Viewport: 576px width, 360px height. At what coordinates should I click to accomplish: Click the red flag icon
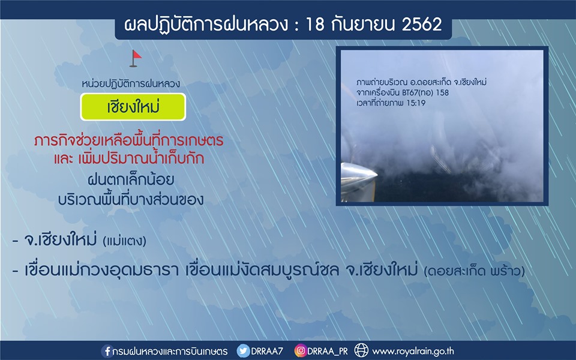pyautogui.click(x=135, y=58)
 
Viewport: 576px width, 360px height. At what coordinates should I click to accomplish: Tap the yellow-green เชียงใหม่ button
pyautogui.click(x=133, y=107)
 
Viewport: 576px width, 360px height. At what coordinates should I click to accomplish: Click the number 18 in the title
pyautogui.click(x=314, y=25)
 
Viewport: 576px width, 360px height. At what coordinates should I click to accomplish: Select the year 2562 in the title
pyautogui.click(x=422, y=25)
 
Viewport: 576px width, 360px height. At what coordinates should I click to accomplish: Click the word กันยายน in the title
pyautogui.click(x=363, y=25)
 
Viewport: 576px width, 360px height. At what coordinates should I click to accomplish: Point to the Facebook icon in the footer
pyautogui.click(x=107, y=351)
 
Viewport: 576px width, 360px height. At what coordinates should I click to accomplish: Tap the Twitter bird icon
pyautogui.click(x=243, y=351)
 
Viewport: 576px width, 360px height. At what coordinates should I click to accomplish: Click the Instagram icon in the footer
pyautogui.click(x=300, y=351)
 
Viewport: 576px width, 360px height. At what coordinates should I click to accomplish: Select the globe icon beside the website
pyautogui.click(x=361, y=350)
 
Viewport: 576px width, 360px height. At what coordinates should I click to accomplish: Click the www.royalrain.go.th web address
pyautogui.click(x=413, y=351)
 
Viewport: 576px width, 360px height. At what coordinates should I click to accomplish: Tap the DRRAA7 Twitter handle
pyautogui.click(x=267, y=351)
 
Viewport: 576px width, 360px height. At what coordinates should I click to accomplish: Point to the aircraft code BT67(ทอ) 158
pyautogui.click(x=425, y=92)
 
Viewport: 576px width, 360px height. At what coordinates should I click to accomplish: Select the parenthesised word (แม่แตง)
pyautogui.click(x=125, y=241)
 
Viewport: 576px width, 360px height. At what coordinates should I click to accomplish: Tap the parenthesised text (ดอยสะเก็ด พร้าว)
pyautogui.click(x=474, y=271)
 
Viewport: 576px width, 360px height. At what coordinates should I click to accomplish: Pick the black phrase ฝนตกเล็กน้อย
pyautogui.click(x=131, y=179)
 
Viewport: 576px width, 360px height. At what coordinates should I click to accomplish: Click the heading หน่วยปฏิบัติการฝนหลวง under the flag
pyautogui.click(x=131, y=84)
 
